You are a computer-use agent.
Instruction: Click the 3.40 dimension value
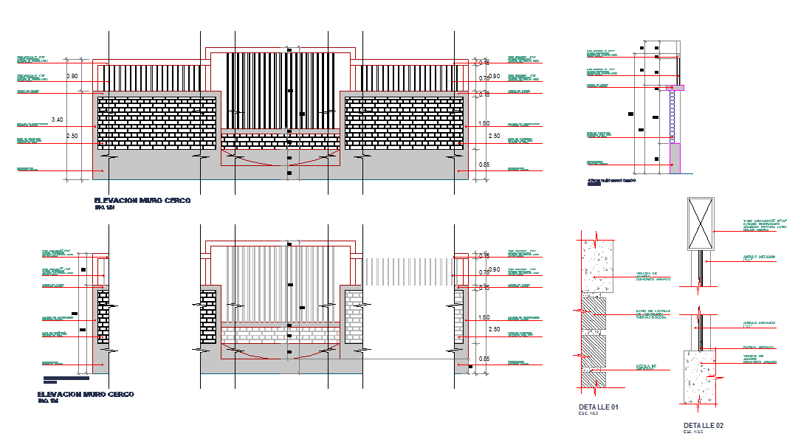[x=58, y=119]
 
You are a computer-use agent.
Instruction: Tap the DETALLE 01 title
[x=597, y=407]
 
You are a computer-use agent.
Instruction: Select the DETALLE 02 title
[x=703, y=426]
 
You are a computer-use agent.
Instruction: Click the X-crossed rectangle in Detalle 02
[x=700, y=224]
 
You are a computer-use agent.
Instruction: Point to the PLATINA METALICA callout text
[x=758, y=346]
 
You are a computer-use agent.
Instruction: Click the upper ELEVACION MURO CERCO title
[x=142, y=201]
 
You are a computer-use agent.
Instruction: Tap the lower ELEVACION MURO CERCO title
[x=86, y=395]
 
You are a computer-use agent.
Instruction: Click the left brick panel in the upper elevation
[x=156, y=123]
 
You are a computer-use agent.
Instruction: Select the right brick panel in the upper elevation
[x=405, y=123]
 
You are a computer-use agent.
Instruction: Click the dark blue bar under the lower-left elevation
[x=66, y=379]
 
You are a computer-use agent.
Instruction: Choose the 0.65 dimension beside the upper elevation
[x=484, y=165]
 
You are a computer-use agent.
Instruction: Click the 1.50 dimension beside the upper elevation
[x=484, y=123]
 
